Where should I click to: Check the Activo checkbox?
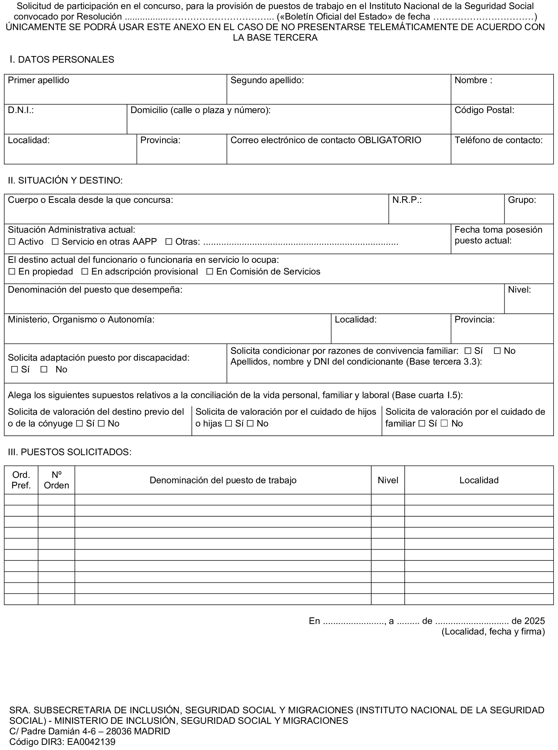(12, 242)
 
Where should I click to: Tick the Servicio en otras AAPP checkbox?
(55, 242)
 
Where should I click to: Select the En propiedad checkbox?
(12, 272)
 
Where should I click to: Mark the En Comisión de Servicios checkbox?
(209, 272)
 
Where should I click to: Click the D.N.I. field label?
(21, 110)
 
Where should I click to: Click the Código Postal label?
(484, 110)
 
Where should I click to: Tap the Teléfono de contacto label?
(498, 140)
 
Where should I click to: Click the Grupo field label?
(522, 200)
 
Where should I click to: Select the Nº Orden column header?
(57, 480)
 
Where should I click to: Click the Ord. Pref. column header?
(21, 480)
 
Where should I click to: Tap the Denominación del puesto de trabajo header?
(223, 480)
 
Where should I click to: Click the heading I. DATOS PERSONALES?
(62, 60)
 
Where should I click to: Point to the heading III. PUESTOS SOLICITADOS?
(70, 452)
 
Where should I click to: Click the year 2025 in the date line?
(535, 621)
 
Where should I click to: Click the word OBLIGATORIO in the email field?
(389, 140)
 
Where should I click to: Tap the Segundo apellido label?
(267, 80)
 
